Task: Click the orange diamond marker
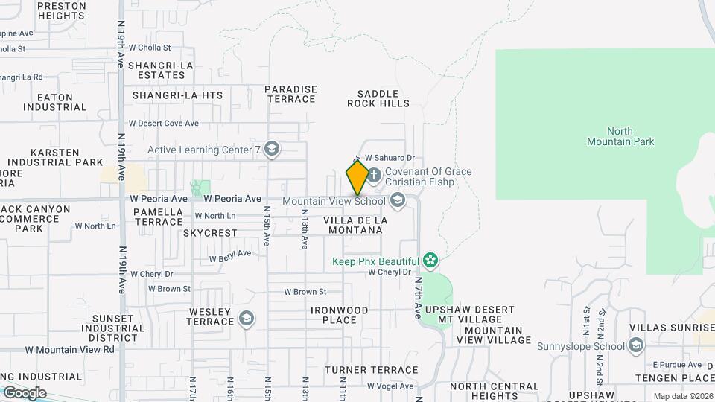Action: click(x=357, y=178)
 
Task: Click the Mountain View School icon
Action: click(x=398, y=200)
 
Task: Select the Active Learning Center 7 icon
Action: click(x=272, y=150)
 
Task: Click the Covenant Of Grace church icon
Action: click(x=374, y=176)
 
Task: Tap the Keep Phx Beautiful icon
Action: click(x=430, y=261)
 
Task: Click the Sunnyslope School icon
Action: click(x=635, y=345)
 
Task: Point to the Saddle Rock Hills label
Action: click(x=378, y=98)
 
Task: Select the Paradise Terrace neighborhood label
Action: click(x=290, y=94)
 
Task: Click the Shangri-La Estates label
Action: click(x=161, y=70)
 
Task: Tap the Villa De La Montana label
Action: click(x=355, y=225)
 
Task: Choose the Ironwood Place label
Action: click(x=340, y=315)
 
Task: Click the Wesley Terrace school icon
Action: click(x=247, y=319)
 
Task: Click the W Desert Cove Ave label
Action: click(x=163, y=124)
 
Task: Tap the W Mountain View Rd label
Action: click(x=70, y=348)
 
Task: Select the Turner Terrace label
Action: click(x=366, y=370)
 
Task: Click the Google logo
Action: click(x=25, y=393)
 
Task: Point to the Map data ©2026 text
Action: click(x=683, y=396)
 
